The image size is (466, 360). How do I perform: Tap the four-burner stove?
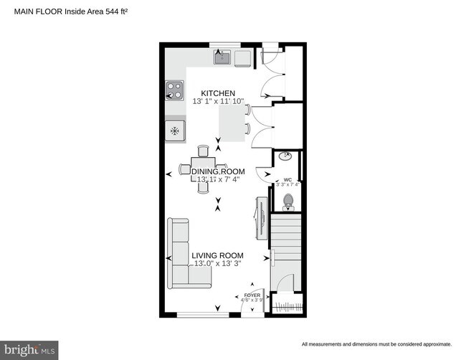click(174, 90)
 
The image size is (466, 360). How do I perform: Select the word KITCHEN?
click(218, 94)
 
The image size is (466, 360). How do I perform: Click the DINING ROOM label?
click(218, 171)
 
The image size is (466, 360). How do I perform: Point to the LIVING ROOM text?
click(217, 255)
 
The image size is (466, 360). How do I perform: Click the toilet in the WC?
click(289, 202)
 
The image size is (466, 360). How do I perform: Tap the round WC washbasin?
click(285, 156)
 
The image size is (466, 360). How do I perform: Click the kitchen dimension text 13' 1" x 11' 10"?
click(218, 103)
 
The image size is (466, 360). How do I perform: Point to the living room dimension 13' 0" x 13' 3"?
click(217, 264)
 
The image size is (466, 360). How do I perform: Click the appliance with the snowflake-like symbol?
click(174, 131)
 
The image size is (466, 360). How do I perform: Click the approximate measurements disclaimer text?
click(376, 344)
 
